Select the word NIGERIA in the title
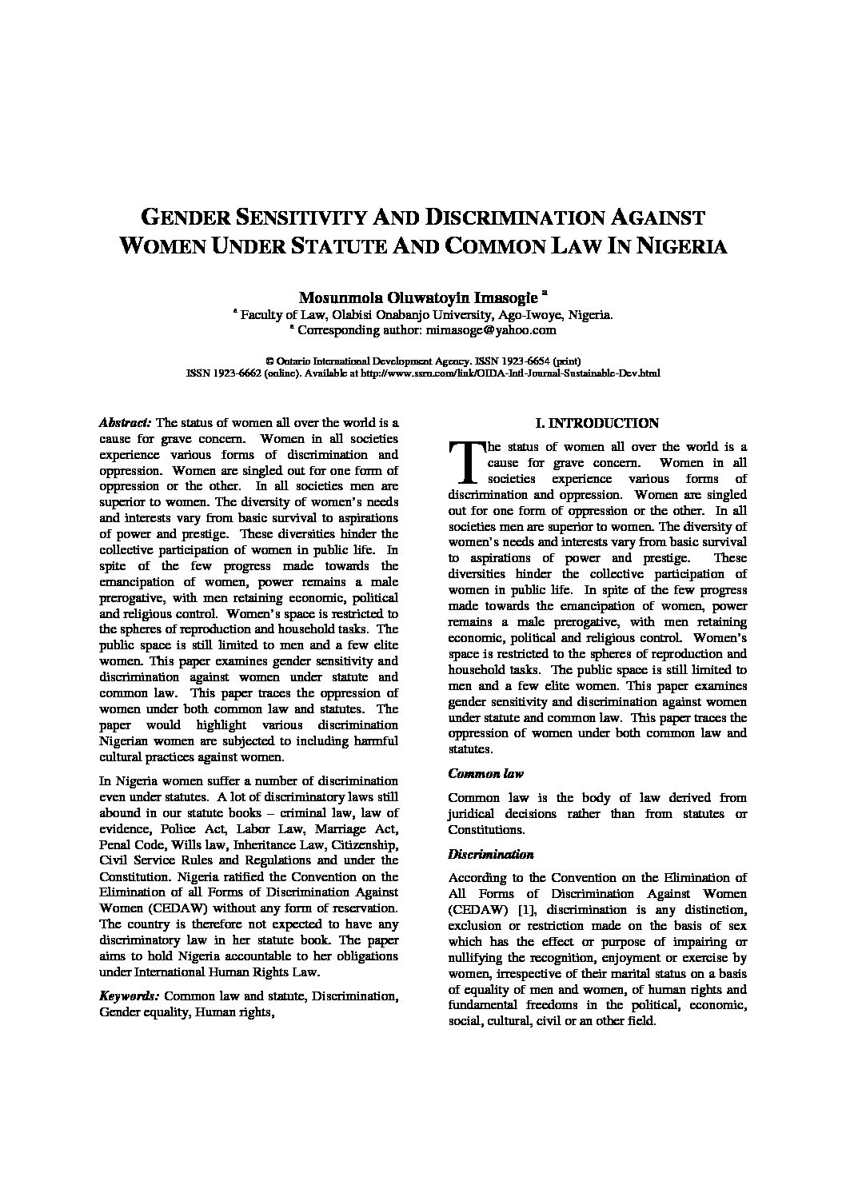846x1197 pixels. click(682, 246)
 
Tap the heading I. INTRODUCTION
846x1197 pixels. click(597, 423)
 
